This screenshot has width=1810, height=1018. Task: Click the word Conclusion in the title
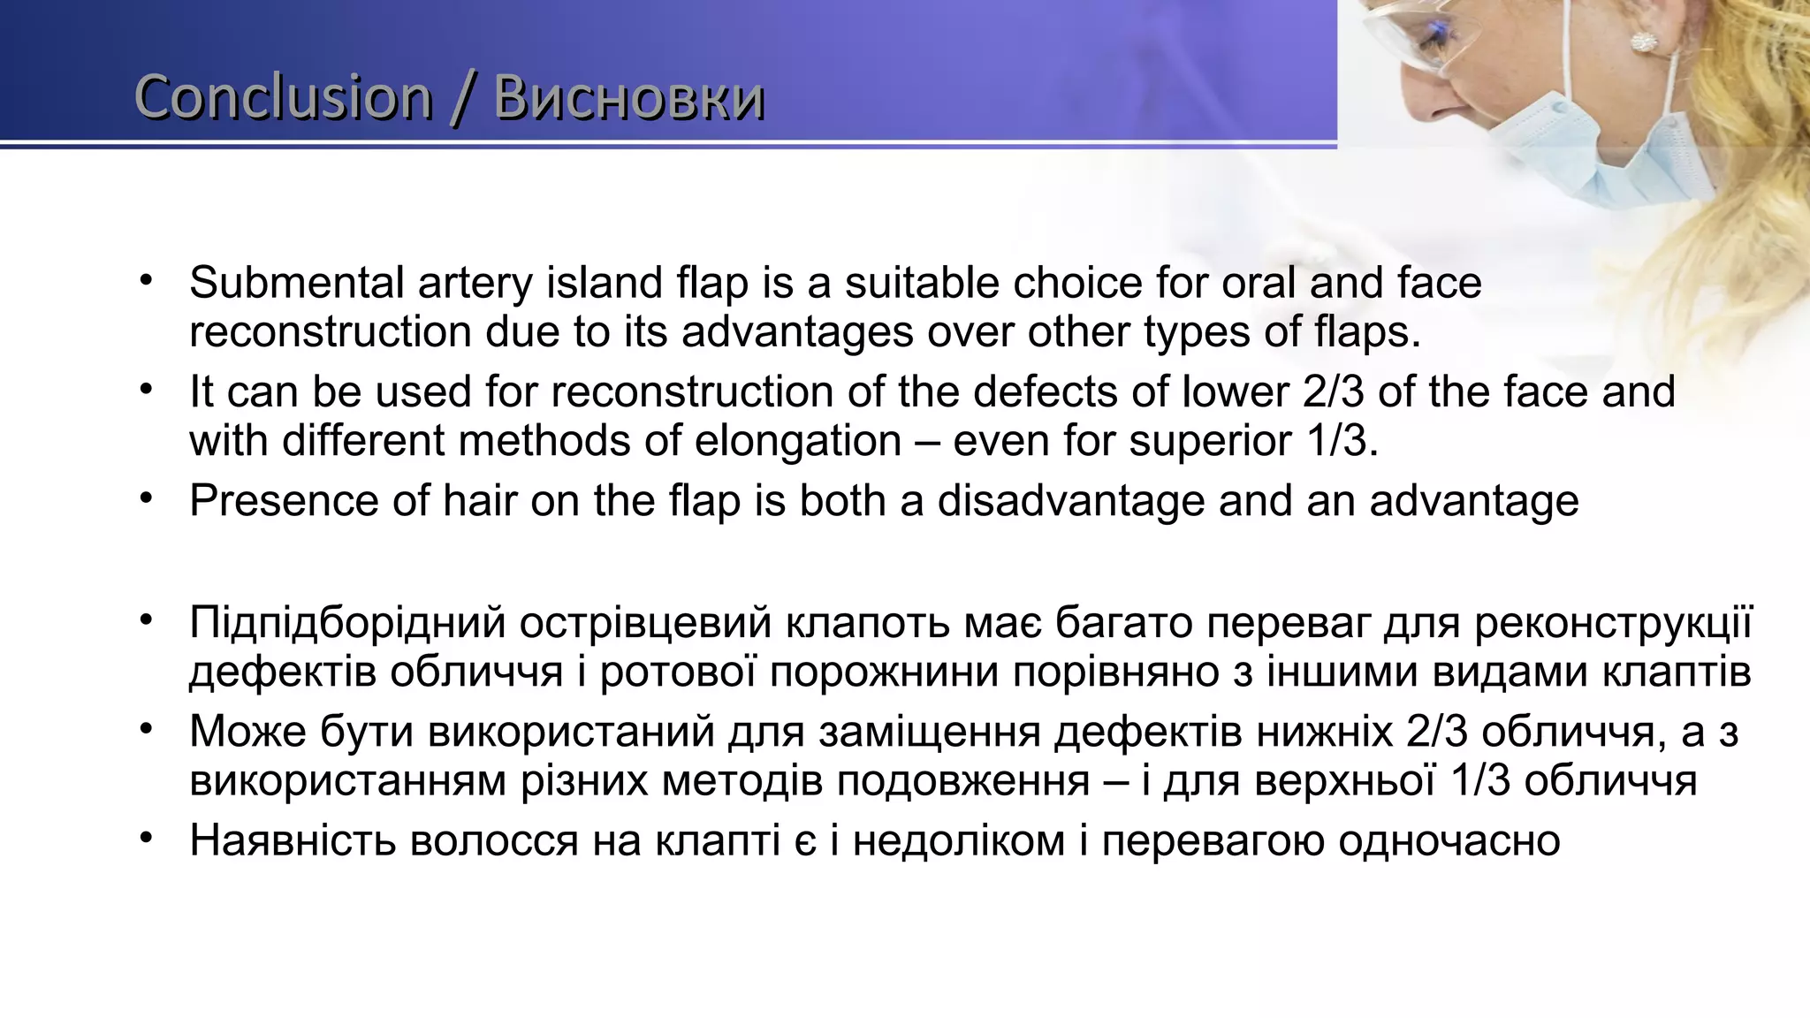(x=283, y=98)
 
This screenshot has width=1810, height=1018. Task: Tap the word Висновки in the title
(x=629, y=98)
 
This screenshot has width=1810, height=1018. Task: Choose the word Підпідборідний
(x=347, y=623)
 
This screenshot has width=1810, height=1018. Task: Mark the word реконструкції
(x=1614, y=623)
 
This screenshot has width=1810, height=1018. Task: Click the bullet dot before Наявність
(x=147, y=836)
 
